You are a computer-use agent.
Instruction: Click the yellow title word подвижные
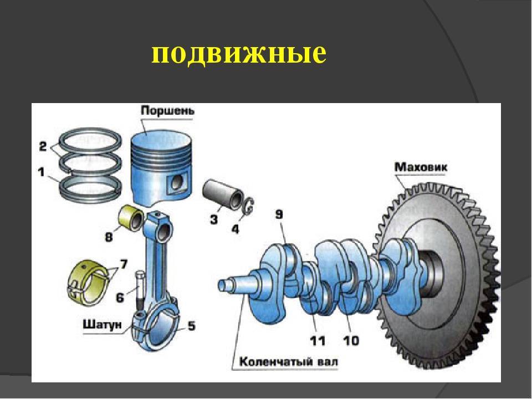(x=239, y=54)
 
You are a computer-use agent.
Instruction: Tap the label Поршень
(x=167, y=111)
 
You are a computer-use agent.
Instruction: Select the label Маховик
(x=421, y=167)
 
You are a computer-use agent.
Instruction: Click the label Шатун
(x=102, y=325)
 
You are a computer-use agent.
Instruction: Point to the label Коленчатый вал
(x=289, y=362)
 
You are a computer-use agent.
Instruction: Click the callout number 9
(x=279, y=214)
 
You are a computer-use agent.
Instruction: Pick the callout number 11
(x=317, y=340)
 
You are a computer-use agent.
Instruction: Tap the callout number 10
(x=351, y=340)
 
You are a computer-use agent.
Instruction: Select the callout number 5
(x=191, y=326)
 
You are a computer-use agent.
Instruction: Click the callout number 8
(x=108, y=237)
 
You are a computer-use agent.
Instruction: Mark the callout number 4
(x=235, y=229)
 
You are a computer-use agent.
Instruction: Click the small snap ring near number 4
(x=249, y=206)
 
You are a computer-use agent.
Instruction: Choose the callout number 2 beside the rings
(x=43, y=146)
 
